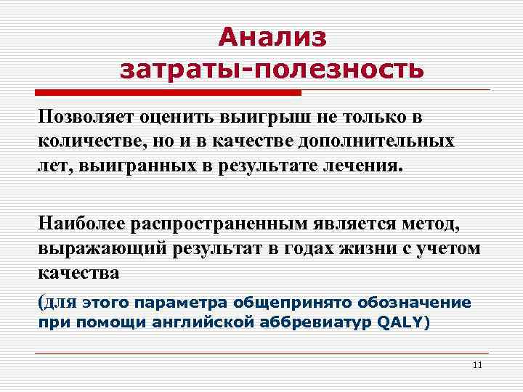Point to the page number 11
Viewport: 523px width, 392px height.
pyautogui.click(x=477, y=364)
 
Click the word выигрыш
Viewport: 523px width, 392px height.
pyautogui.click(x=269, y=117)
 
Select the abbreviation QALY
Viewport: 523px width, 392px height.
pyautogui.click(x=400, y=322)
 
